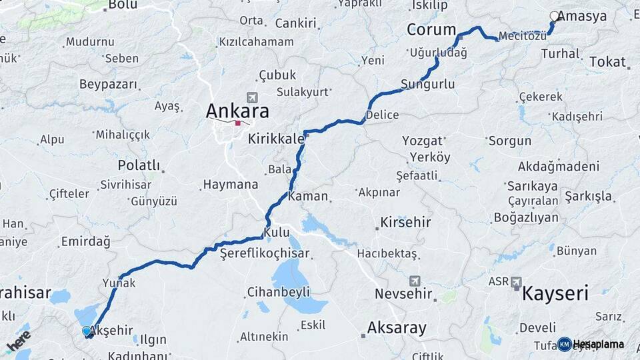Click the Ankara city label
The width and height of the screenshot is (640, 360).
[237, 110]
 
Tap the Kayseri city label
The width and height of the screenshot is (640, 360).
[556, 293]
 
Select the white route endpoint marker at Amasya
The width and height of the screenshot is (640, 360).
[554, 16]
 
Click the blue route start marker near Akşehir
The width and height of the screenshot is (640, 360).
[86, 331]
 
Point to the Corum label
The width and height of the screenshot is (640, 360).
[431, 30]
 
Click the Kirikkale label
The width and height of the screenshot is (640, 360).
[276, 139]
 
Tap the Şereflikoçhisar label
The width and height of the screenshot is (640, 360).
[265, 253]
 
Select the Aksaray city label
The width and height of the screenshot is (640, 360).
[397, 328]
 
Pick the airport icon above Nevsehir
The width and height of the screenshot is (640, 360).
[415, 280]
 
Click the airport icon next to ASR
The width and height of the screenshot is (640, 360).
[516, 283]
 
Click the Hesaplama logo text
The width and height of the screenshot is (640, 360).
[598, 345]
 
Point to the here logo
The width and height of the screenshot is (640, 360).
[19, 341]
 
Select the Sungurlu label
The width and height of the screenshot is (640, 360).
[427, 85]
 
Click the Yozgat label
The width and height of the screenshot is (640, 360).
[423, 141]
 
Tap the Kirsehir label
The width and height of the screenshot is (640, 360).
[405, 222]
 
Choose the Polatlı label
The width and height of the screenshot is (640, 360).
[139, 165]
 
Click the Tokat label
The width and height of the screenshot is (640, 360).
[607, 62]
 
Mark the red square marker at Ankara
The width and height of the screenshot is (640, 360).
[237, 123]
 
